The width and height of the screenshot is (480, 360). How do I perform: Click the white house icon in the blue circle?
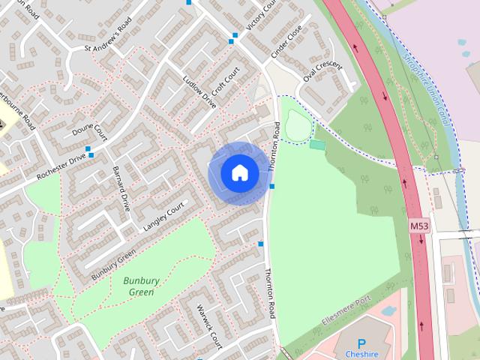tap(238, 172)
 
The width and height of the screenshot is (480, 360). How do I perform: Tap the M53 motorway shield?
tap(419, 225)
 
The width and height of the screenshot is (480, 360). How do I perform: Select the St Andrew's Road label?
tap(112, 43)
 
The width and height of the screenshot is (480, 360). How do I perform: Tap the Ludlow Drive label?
tap(199, 91)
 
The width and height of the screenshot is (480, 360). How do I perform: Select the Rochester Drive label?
tap(61, 168)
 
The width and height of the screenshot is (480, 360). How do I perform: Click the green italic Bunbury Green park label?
tap(142, 286)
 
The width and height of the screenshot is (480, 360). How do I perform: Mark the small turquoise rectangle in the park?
tap(317, 144)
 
